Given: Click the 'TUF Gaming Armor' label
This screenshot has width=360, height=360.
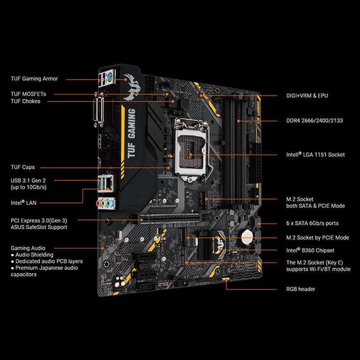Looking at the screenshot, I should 34,79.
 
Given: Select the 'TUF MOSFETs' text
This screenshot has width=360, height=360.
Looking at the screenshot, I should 28,94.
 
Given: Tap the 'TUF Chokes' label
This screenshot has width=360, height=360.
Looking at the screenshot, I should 26,101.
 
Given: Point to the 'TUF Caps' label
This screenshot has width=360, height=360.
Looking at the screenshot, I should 22,167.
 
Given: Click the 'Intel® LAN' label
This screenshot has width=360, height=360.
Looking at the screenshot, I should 23,203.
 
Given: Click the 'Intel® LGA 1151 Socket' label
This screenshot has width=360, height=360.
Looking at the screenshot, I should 315,155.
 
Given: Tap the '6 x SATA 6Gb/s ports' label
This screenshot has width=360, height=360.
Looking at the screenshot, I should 312,223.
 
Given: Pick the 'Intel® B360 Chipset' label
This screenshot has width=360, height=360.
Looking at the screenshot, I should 310,250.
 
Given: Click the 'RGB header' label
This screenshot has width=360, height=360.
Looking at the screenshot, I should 301,289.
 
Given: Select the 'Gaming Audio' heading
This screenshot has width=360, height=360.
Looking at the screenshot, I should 28,248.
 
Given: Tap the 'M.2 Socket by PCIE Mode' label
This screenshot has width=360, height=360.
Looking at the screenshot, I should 318,238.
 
